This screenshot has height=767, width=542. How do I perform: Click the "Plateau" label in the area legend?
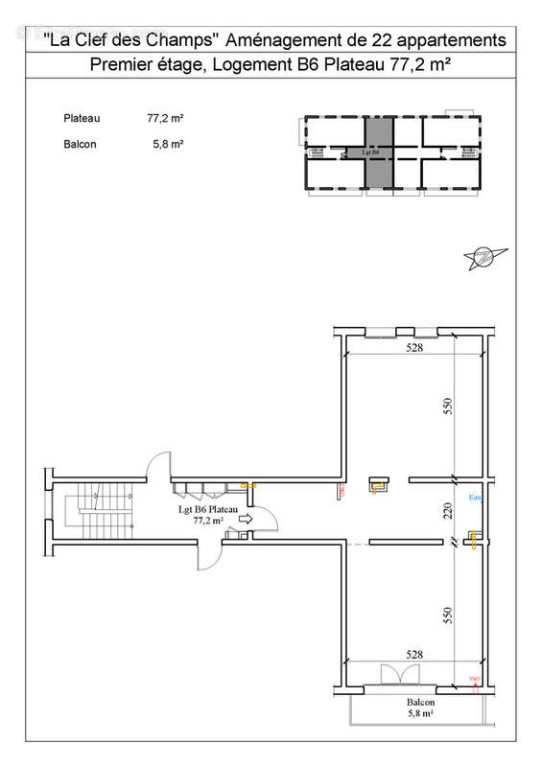click(x=79, y=119)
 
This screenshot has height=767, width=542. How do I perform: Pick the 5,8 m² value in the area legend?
click(x=168, y=145)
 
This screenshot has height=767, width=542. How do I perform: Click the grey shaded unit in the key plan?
click(x=378, y=151)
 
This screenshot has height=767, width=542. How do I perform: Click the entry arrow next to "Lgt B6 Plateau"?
click(x=245, y=519)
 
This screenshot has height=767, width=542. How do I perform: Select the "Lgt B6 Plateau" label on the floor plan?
click(x=208, y=510)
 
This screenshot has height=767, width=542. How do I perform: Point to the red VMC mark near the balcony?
click(x=472, y=680)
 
